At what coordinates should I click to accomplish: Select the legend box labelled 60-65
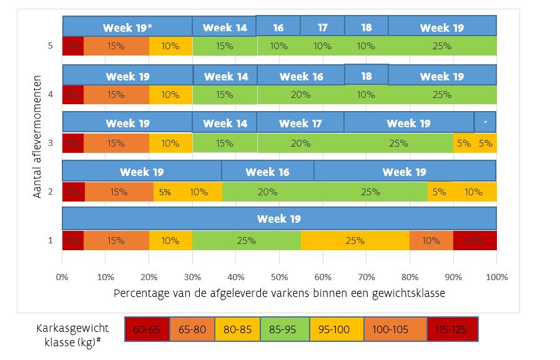147,329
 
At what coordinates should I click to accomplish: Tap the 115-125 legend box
453,329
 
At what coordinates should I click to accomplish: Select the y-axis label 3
51,143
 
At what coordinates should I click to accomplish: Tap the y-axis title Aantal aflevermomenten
38,137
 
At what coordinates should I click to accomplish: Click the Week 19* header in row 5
127,27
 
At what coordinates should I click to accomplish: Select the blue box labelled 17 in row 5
322,27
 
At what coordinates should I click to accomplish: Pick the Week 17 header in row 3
300,123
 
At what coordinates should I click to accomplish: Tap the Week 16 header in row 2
268,172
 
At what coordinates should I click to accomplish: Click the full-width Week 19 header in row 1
279,218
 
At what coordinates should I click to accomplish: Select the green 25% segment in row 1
247,240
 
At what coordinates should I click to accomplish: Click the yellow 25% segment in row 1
355,240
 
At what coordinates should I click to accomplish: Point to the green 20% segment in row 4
300,95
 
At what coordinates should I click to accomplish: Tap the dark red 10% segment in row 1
474,240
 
